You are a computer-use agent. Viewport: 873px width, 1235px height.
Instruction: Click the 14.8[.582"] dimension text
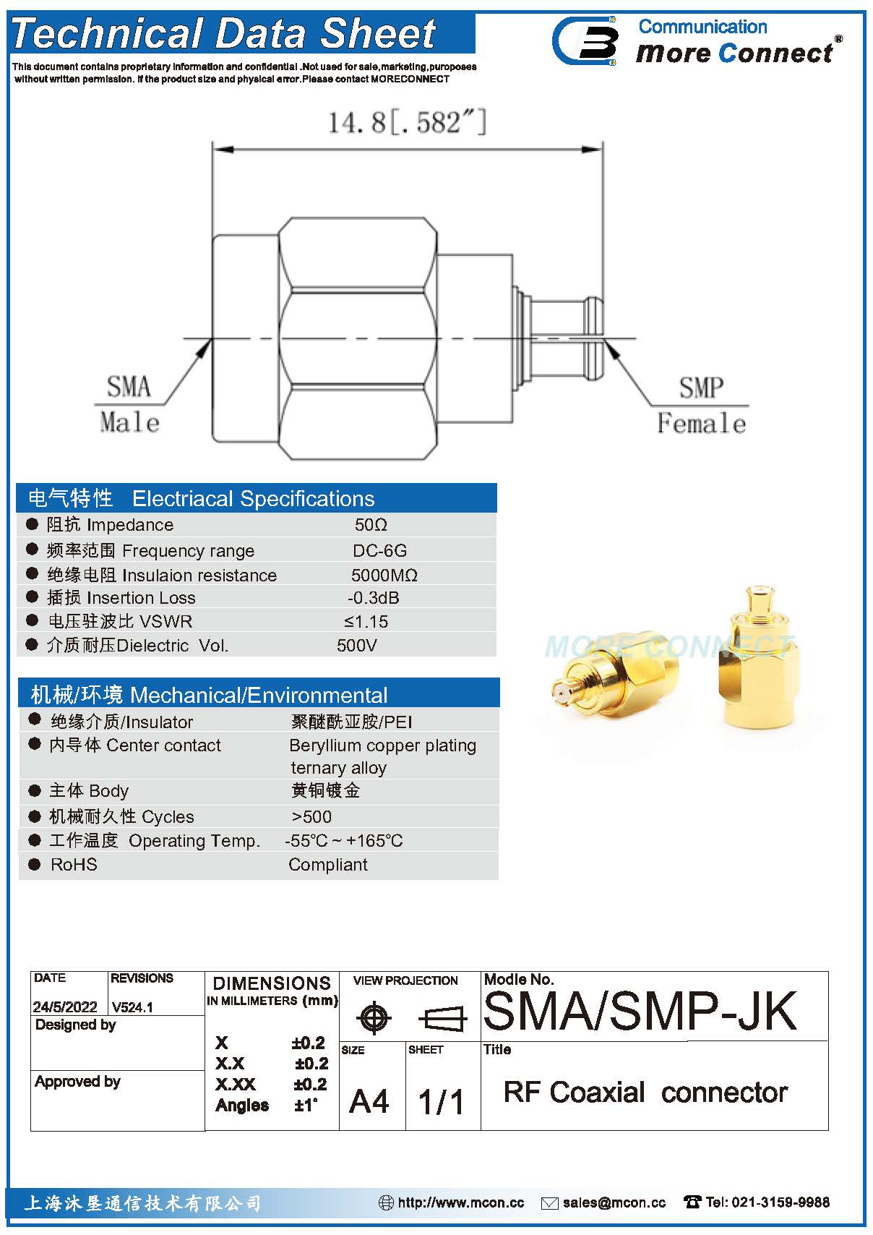[x=408, y=122]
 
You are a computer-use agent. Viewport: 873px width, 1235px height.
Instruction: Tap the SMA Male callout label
[x=129, y=404]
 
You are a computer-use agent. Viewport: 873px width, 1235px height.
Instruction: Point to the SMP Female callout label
[x=701, y=405]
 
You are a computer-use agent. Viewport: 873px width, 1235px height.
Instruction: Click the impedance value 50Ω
[x=371, y=524]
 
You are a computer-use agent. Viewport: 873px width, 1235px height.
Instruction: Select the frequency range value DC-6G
[x=379, y=550]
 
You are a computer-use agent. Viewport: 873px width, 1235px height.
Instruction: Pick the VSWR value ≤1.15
[x=366, y=621]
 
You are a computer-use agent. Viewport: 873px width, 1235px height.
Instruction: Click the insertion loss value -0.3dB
[x=373, y=598]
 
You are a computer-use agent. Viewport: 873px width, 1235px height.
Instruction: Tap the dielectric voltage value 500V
[x=356, y=645]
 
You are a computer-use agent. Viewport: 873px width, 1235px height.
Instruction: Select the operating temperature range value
[x=344, y=841]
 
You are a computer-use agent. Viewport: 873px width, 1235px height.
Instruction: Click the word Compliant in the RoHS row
[x=328, y=865]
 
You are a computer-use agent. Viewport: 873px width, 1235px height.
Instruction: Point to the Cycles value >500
[x=311, y=816]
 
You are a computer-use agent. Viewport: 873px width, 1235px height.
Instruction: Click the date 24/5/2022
[x=65, y=1007]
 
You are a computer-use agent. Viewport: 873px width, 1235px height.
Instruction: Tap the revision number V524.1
[x=132, y=1007]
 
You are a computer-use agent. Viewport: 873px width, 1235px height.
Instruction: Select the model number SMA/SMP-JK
[x=640, y=1010]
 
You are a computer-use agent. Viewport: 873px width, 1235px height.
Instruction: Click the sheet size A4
[x=369, y=1101]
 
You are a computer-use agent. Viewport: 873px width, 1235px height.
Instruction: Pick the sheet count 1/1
[x=441, y=1101]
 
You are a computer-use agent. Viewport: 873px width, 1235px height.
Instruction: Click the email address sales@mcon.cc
[x=614, y=1202]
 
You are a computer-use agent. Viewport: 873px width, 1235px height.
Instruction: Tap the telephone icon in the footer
[x=692, y=1202]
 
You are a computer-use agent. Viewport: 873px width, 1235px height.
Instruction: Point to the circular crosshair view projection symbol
[x=374, y=1018]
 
